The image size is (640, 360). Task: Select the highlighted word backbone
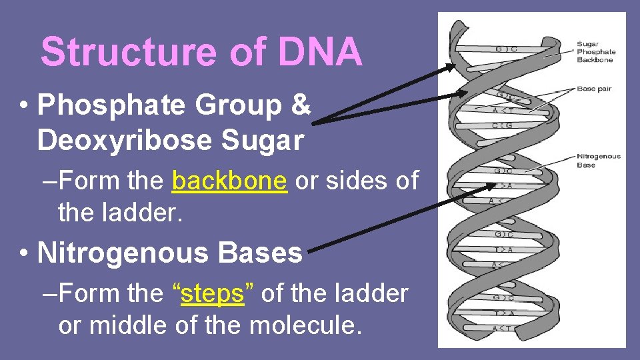click(229, 181)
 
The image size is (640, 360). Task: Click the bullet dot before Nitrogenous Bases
click(23, 254)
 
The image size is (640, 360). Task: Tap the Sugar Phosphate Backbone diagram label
click(595, 52)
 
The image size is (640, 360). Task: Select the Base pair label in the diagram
click(593, 89)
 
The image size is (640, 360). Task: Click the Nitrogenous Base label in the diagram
click(598, 161)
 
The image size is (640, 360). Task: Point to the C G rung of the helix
click(501, 125)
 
